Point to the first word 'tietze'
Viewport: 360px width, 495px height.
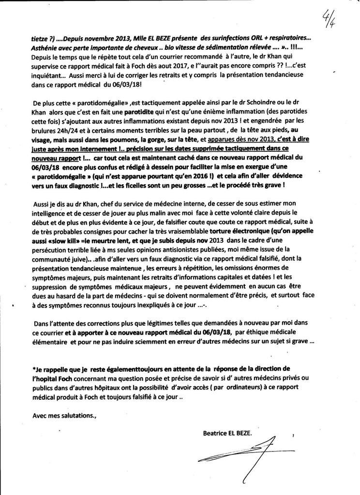40,37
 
